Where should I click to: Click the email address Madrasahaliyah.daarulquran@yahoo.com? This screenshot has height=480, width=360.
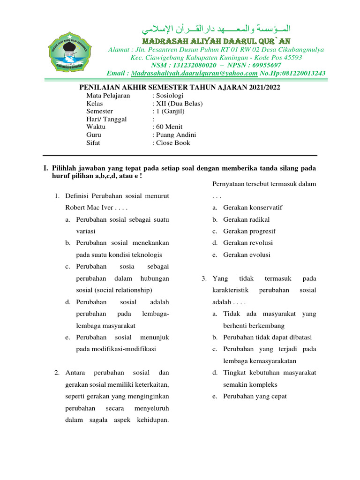(195, 73)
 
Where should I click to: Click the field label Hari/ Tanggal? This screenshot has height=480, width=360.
(106, 120)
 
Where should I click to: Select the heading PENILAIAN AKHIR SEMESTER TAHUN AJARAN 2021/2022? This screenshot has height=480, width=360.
(180, 87)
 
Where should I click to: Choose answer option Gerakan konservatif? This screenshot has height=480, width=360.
(253, 208)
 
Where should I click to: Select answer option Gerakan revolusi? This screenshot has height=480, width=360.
(248, 243)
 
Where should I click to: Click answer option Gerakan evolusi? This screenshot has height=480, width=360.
(247, 255)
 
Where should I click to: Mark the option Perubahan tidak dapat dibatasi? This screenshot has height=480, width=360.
(268, 337)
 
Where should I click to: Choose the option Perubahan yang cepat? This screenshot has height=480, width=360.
(255, 396)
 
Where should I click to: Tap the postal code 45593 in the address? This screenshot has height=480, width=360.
(291, 58)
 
